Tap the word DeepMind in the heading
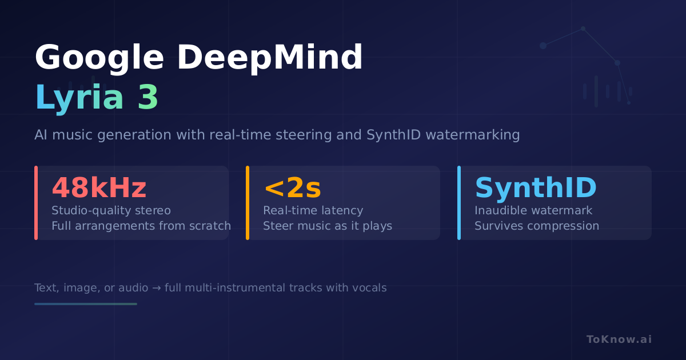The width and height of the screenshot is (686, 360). [x=270, y=57]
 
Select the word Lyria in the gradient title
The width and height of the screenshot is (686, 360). [x=79, y=98]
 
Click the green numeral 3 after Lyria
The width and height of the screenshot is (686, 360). [x=148, y=97]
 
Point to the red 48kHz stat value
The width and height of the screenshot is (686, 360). [x=99, y=187]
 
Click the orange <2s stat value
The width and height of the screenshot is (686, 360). [x=293, y=188]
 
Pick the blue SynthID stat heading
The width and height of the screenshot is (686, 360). [x=536, y=187]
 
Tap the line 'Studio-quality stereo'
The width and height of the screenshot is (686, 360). [x=111, y=211]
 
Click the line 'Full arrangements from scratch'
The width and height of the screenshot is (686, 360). [x=141, y=226]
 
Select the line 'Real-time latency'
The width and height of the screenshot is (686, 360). [x=313, y=211]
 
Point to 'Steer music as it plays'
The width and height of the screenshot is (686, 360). [x=328, y=226]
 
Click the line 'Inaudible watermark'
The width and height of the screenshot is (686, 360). [x=533, y=211]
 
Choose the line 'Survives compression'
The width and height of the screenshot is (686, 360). [x=537, y=226]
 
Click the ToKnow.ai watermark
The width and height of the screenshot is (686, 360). [x=619, y=339]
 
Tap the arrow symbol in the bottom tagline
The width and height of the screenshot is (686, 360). [x=157, y=288]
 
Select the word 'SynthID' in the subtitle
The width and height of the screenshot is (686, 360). [x=393, y=135]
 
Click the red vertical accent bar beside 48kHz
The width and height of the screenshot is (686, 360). [x=36, y=203]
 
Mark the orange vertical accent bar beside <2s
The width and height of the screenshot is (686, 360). [x=248, y=203]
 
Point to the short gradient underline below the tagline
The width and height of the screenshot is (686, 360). [x=86, y=304]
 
